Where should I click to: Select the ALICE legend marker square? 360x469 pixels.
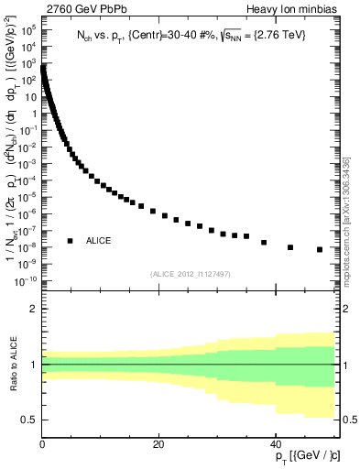70,240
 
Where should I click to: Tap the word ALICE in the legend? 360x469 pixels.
99,240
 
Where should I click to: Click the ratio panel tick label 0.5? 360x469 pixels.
28,420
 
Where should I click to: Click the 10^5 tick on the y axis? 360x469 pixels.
27,30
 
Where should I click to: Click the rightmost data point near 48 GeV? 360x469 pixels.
320,249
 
